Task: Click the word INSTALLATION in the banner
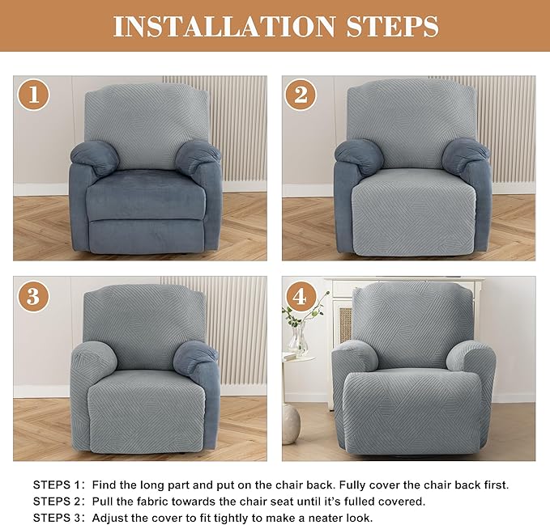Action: click(x=224, y=26)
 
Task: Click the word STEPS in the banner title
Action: click(x=393, y=26)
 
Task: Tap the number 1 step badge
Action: click(x=34, y=95)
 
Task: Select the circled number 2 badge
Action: click(x=301, y=95)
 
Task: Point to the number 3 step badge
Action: click(x=34, y=296)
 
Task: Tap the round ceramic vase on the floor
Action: click(x=291, y=424)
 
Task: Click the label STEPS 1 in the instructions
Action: click(x=57, y=485)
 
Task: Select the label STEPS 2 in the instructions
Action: click(x=57, y=502)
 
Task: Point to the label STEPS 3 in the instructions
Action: click(x=57, y=518)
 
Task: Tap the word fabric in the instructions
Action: click(x=151, y=502)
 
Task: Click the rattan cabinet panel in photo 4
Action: click(x=346, y=324)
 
